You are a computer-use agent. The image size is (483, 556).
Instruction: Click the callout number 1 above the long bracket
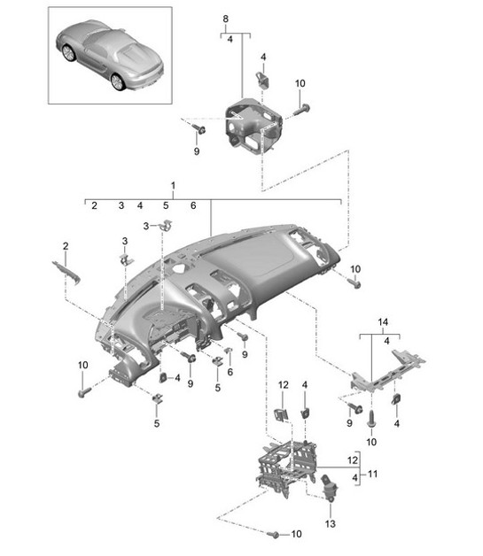(173, 187)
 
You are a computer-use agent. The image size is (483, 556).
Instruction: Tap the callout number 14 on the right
(383, 321)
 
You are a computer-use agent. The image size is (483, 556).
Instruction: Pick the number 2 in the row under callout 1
(92, 205)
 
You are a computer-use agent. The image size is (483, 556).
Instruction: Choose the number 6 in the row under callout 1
(192, 205)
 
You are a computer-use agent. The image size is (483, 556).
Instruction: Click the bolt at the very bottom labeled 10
(273, 535)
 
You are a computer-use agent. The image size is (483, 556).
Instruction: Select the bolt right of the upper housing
(298, 110)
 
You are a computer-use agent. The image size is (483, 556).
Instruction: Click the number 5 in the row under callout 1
(165, 205)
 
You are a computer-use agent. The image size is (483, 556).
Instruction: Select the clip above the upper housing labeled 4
(264, 78)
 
